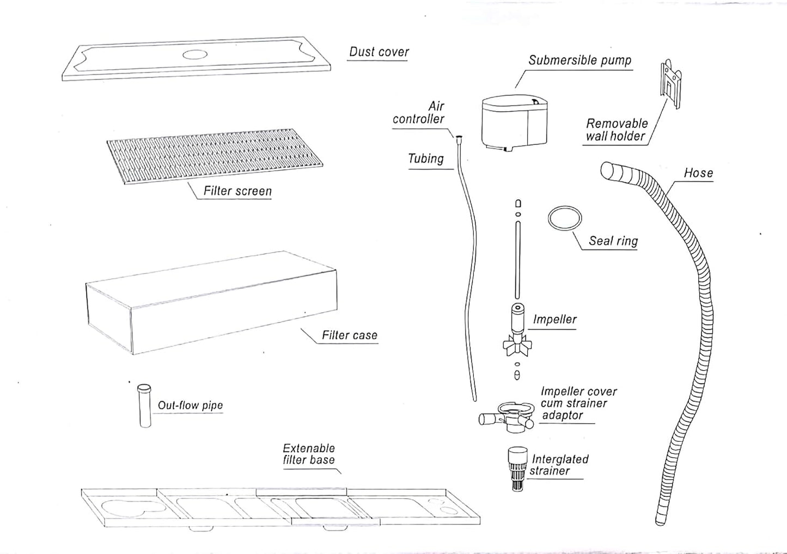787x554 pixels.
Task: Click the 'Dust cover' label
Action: pos(379,52)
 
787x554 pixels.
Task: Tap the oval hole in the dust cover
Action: pos(194,54)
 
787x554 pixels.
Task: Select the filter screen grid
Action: pos(215,156)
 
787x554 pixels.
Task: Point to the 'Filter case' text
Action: pos(349,336)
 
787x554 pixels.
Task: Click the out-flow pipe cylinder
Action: pos(145,406)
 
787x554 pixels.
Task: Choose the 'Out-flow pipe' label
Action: pos(190,405)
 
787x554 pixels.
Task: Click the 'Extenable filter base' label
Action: pos(308,454)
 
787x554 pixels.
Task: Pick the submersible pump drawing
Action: pos(514,123)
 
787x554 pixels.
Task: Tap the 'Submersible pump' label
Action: pos(579,60)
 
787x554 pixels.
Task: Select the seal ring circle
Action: pos(565,218)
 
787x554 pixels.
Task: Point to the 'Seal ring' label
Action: pos(613,241)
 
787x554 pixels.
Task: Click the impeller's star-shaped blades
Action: pos(516,345)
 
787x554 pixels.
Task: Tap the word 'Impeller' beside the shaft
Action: pos(554,320)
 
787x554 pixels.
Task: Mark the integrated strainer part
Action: pos(517,468)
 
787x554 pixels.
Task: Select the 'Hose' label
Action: pos(698,173)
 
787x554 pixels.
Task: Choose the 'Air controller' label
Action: pos(419,113)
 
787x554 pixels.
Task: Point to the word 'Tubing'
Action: pos(425,159)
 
